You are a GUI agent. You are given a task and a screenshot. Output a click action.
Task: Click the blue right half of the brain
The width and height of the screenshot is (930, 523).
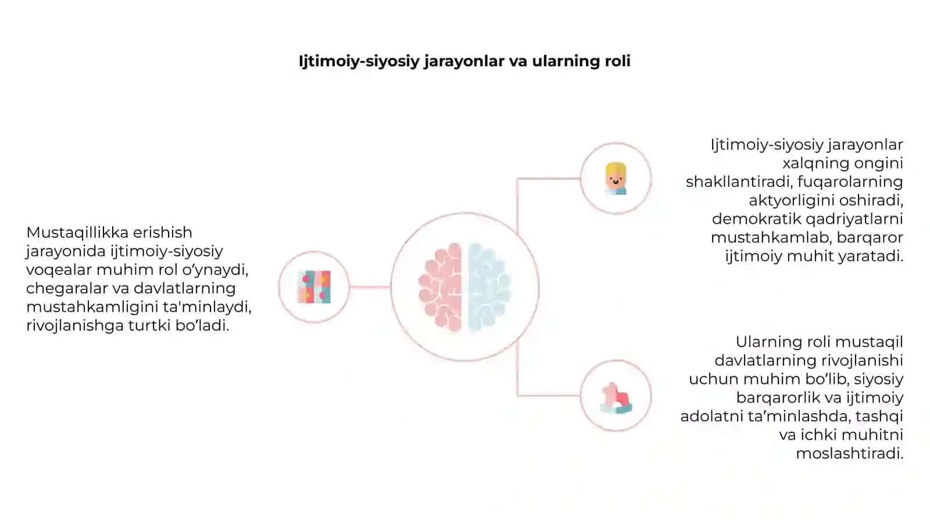(489, 287)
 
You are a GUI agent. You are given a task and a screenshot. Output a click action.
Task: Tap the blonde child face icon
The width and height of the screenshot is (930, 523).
(616, 178)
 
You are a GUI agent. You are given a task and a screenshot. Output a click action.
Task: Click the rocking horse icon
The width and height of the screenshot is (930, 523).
(616, 397)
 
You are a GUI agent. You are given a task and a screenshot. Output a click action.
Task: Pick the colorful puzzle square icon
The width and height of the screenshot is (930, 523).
(314, 287)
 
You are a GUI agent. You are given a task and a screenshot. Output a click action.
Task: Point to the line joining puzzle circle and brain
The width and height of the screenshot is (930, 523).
(370, 287)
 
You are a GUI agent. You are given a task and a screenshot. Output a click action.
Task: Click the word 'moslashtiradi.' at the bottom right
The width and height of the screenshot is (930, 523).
(850, 453)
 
